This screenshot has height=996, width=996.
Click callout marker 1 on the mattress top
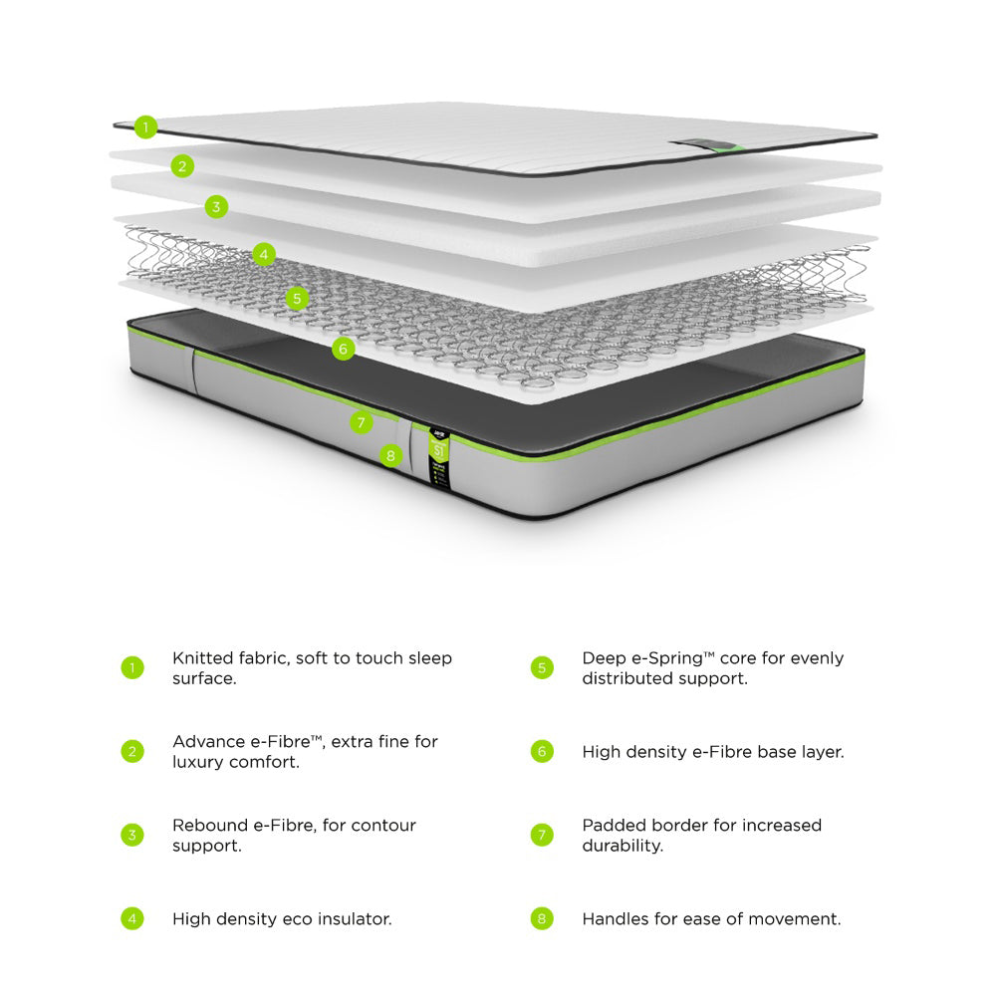[x=146, y=126]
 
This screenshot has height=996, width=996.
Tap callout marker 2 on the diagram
[x=181, y=166]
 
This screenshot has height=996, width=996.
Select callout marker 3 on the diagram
[x=216, y=207]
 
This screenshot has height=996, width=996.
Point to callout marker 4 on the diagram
[x=263, y=254]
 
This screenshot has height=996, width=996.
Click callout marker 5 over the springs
[x=297, y=298]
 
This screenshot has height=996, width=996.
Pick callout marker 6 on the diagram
[x=343, y=349]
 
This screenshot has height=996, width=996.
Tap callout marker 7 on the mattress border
[x=362, y=422]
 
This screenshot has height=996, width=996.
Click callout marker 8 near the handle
[x=390, y=456]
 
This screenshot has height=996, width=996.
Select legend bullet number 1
[x=132, y=667]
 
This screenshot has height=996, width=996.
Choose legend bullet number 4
[x=132, y=918]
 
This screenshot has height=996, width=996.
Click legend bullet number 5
[x=542, y=667]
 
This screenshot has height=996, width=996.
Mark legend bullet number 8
[x=542, y=918]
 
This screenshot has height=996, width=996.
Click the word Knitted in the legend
[x=202, y=658]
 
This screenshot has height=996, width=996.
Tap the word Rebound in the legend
[x=209, y=826]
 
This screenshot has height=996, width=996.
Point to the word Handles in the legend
[x=616, y=918]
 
